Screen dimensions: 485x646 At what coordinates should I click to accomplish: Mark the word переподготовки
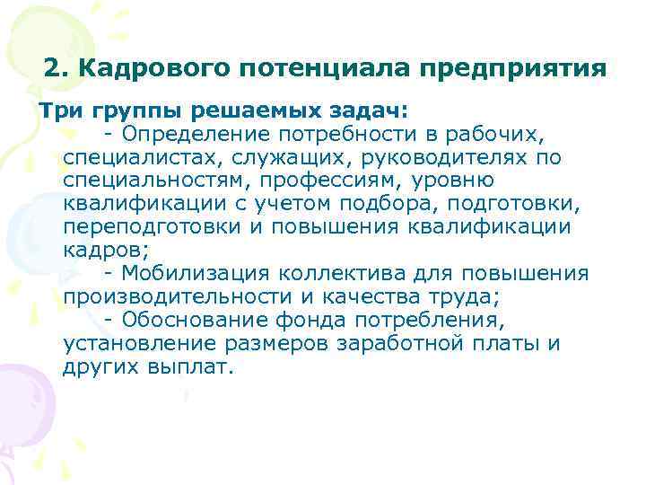click(152, 228)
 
